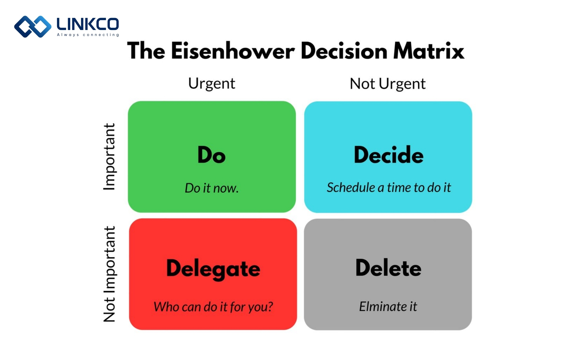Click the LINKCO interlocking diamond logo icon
coord(33,27)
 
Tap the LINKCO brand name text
coord(88,24)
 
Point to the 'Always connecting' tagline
coord(88,35)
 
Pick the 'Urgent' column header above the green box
coord(211,84)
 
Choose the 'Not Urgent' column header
coord(388,84)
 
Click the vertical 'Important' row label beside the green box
coord(109,157)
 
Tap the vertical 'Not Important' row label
coord(109,274)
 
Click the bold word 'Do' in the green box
coord(211,155)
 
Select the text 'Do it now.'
coord(211,188)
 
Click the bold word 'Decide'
coord(389,155)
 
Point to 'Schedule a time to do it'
coord(389,187)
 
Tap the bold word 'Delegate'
coord(213,269)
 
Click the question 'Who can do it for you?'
coord(213,307)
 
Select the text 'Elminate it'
coord(388,307)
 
